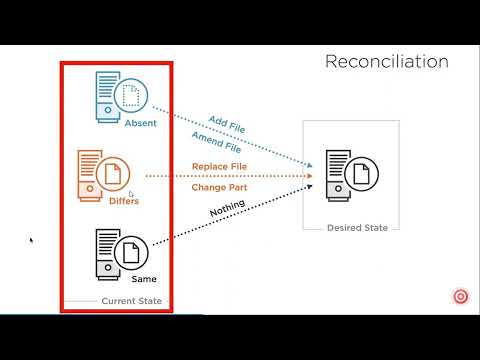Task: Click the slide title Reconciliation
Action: point(386,62)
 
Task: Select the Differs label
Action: point(124,201)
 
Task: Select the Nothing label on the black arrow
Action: point(226,212)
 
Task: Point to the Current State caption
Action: point(130,300)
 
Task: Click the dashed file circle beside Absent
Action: point(131,96)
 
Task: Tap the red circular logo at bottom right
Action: point(461,297)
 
